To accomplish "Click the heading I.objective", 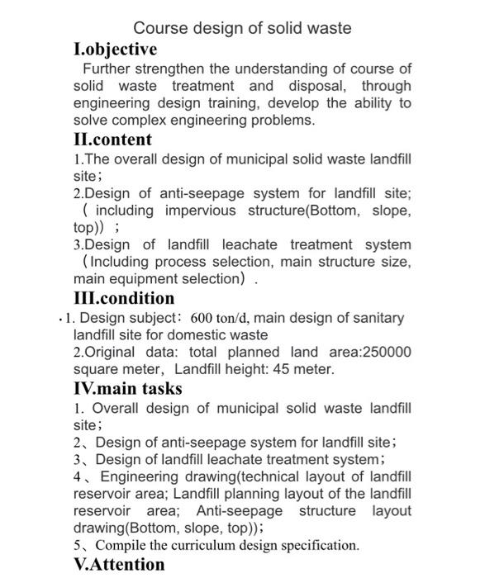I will point(115,50).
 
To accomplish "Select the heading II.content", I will point(112,139).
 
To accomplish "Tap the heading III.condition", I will point(124,298).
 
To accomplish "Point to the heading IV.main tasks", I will point(127,388).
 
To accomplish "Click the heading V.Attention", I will point(119,565).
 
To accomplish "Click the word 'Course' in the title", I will point(160,28).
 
